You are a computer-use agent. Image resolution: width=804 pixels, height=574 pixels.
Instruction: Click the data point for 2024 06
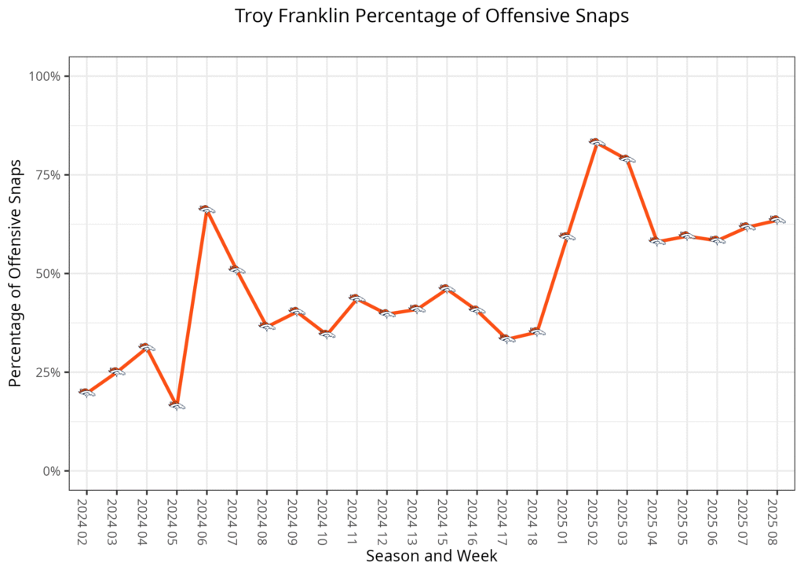coord(206,209)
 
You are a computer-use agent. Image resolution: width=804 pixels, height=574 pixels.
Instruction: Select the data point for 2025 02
coord(596,142)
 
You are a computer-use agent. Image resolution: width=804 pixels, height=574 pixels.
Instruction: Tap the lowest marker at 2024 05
coord(177,405)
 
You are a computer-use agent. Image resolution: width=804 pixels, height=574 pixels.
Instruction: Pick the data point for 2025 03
coord(627,159)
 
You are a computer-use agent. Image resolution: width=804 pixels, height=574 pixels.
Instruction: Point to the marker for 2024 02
coord(86,392)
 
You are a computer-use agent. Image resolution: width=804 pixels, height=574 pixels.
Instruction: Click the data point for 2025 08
coord(777,220)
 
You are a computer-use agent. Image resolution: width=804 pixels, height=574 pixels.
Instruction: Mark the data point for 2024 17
coord(506,339)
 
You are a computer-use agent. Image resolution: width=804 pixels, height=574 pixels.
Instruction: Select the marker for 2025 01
coord(567,236)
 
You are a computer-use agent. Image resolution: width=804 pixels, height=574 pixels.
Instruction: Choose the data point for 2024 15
coord(447,288)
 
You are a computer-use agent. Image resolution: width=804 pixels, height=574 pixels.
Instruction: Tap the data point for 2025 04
coord(656,241)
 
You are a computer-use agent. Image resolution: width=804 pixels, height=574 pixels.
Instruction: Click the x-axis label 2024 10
coord(327,517)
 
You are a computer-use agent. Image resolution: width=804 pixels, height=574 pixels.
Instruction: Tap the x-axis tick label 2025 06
coord(716,517)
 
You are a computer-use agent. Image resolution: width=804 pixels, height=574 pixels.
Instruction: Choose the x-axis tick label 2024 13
coord(416,517)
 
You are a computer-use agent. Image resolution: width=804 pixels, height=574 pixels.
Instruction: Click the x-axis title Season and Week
coord(431,556)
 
